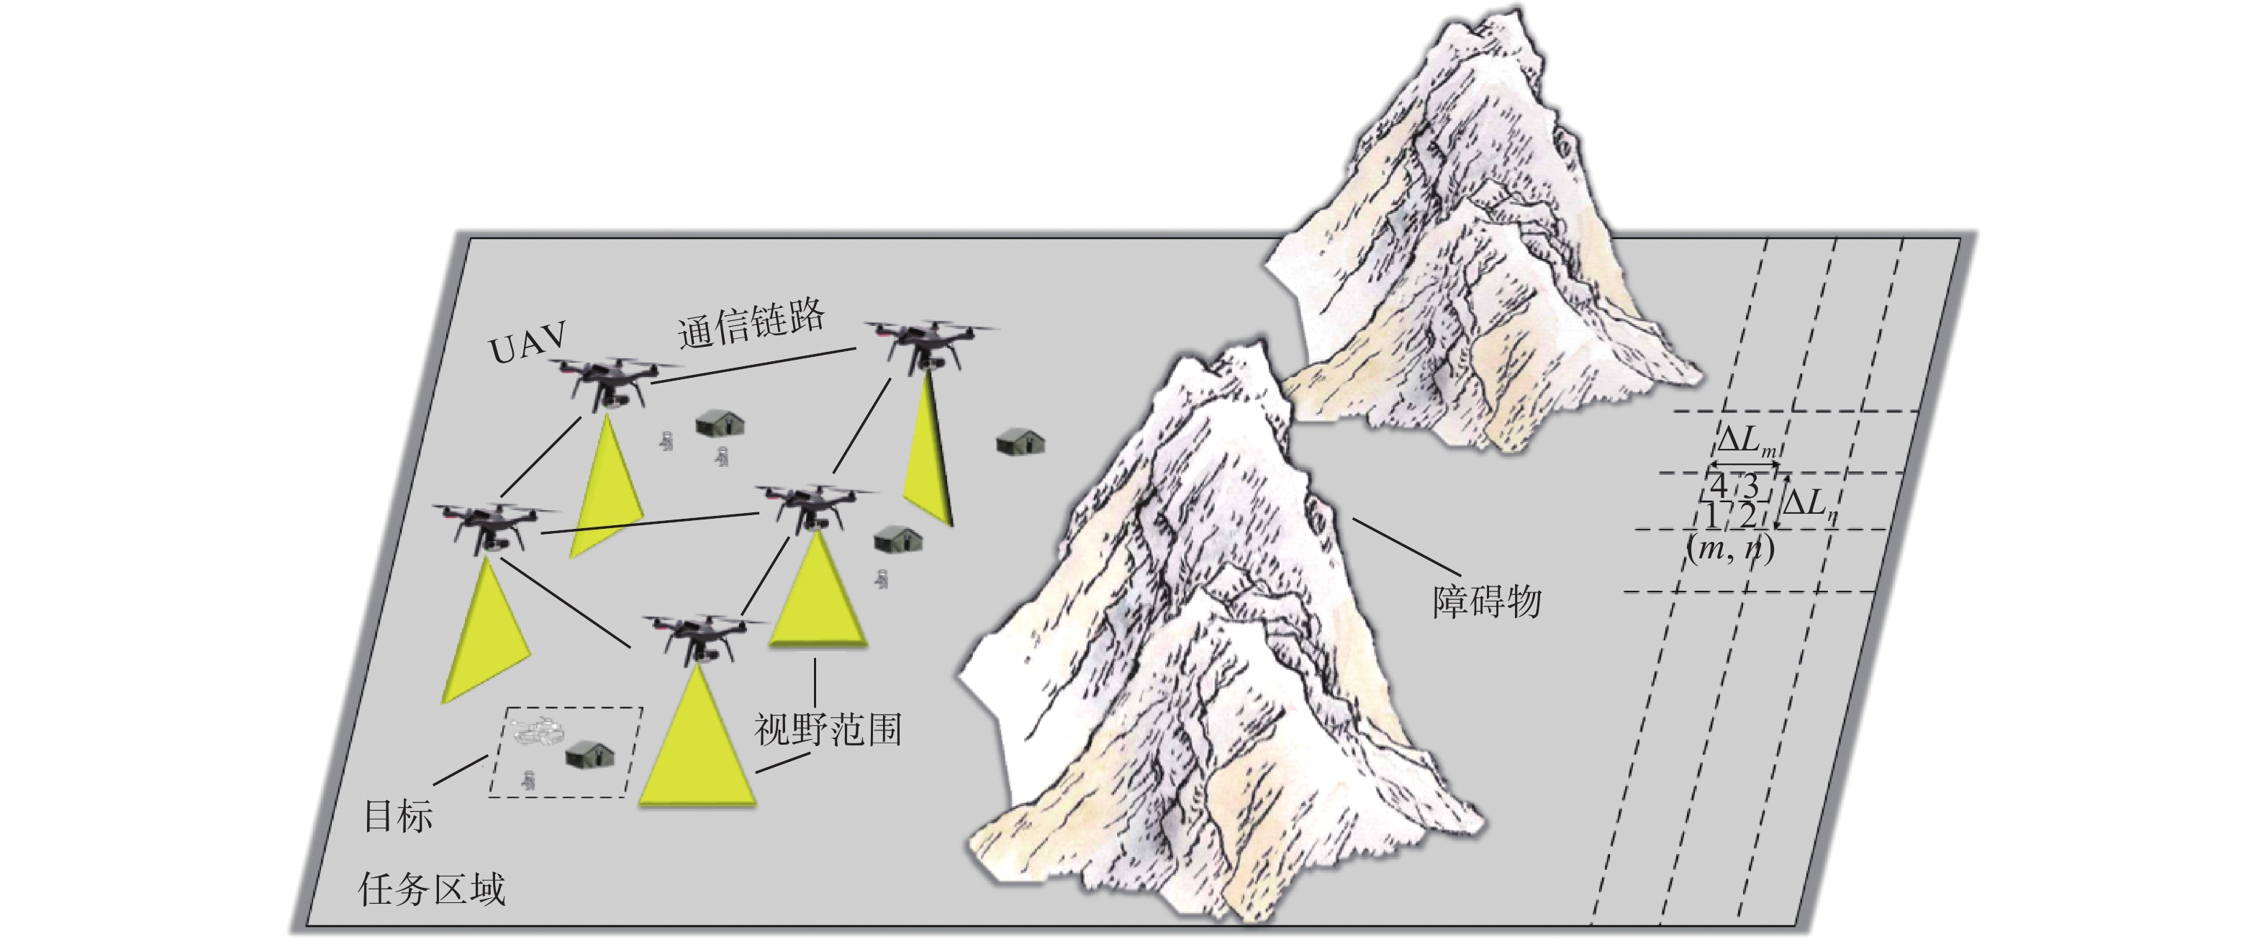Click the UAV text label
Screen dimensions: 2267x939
527,343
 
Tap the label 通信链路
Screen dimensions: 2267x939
751,324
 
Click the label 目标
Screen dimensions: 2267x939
399,817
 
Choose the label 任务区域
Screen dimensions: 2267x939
431,890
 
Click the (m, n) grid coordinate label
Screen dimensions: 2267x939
1730,548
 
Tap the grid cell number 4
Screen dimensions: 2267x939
1717,485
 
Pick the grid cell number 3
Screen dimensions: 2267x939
1750,486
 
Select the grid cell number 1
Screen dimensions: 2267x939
1711,514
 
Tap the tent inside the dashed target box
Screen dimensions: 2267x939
589,753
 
